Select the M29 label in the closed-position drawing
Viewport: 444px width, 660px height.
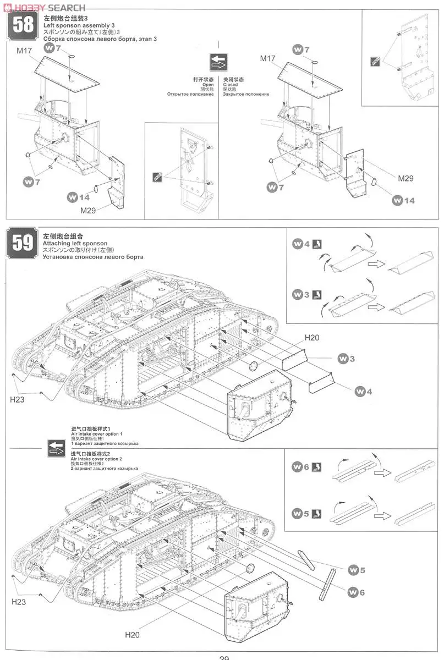[x=405, y=178]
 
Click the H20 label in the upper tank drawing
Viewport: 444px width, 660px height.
[x=311, y=338]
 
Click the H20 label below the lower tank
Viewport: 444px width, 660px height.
[x=132, y=635]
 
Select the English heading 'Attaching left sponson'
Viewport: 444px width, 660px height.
[x=74, y=243]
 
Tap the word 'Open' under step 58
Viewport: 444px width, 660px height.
[x=208, y=85]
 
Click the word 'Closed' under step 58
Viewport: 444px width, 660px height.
[x=230, y=85]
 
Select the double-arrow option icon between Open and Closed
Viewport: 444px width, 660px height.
[x=218, y=62]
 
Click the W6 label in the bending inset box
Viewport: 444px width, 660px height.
[x=302, y=467]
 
